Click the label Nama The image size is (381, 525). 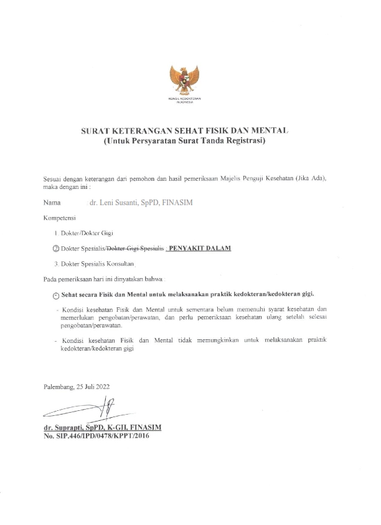tap(52, 203)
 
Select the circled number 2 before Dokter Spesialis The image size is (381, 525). tap(55, 248)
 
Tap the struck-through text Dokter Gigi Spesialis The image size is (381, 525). tap(140, 248)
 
